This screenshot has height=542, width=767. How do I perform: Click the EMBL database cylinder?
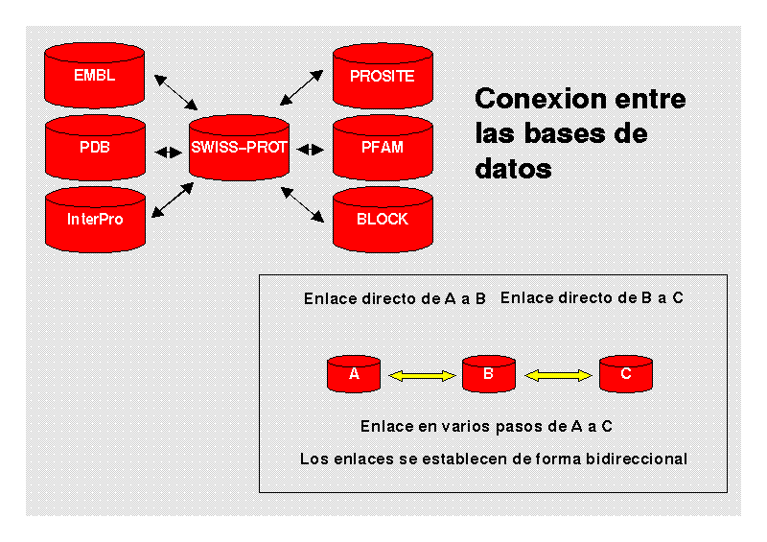(95, 75)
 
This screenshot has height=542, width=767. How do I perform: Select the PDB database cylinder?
(95, 148)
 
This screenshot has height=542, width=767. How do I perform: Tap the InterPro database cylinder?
(95, 219)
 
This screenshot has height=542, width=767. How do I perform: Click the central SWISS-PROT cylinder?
(239, 148)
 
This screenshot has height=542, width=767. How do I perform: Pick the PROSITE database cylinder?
(383, 75)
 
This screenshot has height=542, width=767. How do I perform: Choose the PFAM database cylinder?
(383, 148)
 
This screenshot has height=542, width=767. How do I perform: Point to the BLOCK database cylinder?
(383, 219)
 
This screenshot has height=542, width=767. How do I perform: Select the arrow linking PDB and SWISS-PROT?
(168, 150)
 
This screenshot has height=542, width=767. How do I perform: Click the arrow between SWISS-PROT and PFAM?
(311, 149)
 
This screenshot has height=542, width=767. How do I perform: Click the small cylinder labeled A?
(354, 374)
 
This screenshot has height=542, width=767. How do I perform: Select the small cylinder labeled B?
(489, 374)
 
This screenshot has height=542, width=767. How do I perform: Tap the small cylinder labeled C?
(625, 374)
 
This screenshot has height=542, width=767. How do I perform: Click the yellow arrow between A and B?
(421, 377)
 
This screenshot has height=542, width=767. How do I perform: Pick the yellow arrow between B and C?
(558, 377)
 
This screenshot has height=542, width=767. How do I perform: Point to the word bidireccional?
(636, 459)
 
